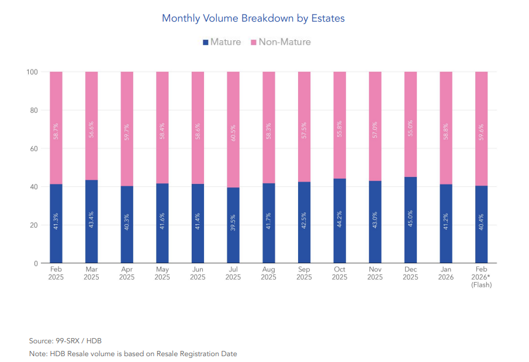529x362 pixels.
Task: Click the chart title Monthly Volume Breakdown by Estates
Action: pyautogui.click(x=253, y=18)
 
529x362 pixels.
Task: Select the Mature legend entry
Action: pyautogui.click(x=222, y=42)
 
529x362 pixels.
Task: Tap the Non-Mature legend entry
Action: pyautogui.click(x=281, y=42)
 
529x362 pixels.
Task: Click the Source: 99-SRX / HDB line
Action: pyautogui.click(x=65, y=340)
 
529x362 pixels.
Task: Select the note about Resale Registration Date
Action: pyautogui.click(x=133, y=354)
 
